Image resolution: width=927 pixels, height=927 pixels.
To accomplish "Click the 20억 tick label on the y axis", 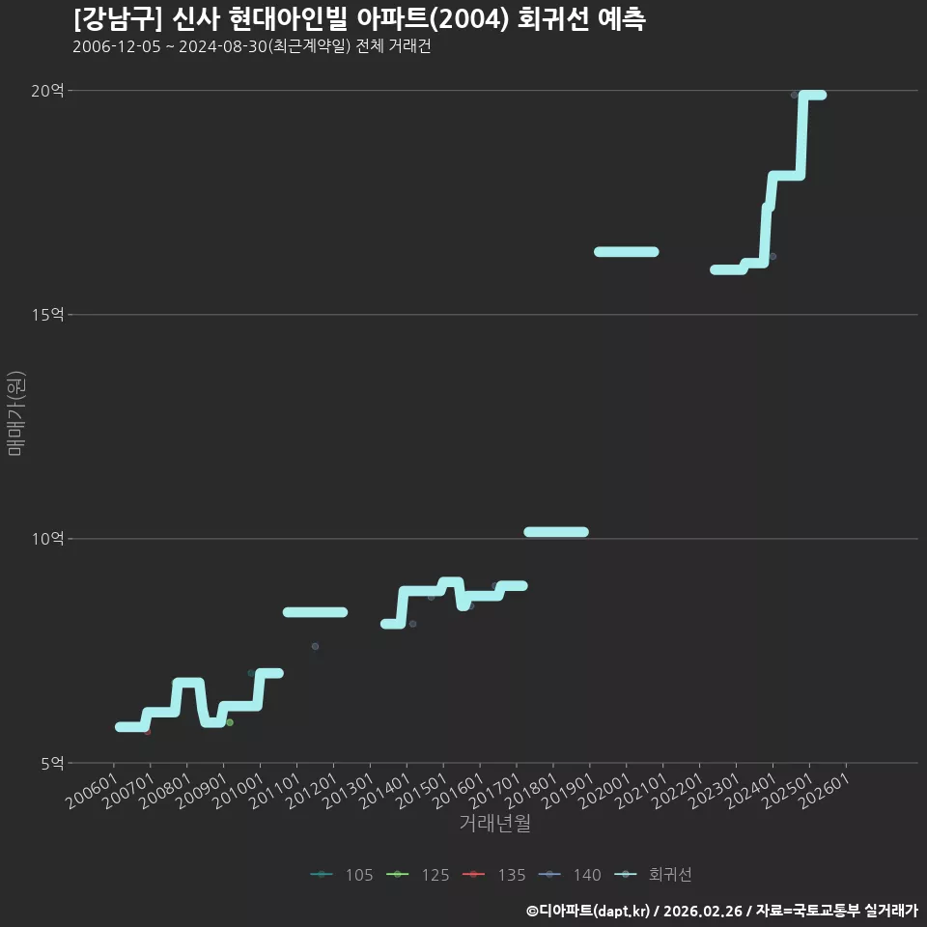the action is click(47, 91).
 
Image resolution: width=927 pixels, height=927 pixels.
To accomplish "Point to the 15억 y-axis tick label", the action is click(47, 315).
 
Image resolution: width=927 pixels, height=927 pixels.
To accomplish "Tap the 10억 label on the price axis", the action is click(47, 539).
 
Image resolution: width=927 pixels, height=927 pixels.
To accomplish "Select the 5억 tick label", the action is click(52, 763).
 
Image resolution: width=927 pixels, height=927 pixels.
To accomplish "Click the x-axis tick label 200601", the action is click(92, 792).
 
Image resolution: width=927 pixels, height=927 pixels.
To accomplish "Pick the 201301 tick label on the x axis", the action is click(349, 792).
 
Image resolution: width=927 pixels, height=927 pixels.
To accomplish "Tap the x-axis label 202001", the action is click(604, 792).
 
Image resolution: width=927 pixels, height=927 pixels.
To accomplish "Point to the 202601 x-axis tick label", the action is click(824, 792).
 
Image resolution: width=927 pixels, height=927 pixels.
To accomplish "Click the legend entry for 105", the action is click(342, 875).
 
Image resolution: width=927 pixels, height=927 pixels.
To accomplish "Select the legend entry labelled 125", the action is click(417, 875).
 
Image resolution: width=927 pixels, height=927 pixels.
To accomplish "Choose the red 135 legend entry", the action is click(493, 875).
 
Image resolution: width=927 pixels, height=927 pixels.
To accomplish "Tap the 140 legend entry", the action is click(570, 875).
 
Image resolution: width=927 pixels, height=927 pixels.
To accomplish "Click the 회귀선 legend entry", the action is click(653, 875).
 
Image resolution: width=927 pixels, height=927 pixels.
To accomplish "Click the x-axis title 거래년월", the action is click(494, 823).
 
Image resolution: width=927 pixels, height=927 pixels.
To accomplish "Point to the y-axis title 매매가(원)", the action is click(16, 413).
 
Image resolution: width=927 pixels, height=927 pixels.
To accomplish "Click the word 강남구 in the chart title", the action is click(118, 19).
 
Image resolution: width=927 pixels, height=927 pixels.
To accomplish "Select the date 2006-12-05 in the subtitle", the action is click(117, 46).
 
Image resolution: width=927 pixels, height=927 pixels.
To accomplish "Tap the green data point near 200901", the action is click(230, 722).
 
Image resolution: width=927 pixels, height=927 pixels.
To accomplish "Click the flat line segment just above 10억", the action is click(556, 532).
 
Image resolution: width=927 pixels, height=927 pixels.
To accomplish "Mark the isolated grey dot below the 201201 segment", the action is click(315, 646).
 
